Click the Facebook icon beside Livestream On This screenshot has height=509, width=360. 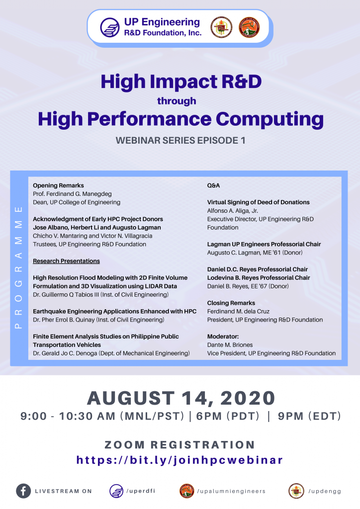coord(23,491)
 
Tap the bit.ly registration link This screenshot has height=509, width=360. coord(180,460)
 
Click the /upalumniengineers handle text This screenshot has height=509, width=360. coord(231,491)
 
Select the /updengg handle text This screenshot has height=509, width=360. coord(325,491)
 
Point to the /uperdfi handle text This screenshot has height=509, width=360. coord(141,491)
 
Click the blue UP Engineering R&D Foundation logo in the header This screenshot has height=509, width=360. coord(110,27)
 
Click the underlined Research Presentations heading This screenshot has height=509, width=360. coord(66,261)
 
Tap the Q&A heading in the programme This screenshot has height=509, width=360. coord(214,185)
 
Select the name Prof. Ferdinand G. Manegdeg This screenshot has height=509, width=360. coord(72,194)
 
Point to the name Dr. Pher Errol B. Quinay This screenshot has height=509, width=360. coord(64,320)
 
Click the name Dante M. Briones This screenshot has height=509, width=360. coord(230,345)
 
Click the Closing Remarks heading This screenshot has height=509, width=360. coord(231,303)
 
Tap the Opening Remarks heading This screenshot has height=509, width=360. coord(59,185)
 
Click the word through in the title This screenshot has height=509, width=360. coord(177,101)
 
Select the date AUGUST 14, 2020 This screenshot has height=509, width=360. coord(181,398)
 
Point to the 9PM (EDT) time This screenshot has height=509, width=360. coord(309,416)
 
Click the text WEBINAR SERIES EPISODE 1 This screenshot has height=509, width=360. coord(180,140)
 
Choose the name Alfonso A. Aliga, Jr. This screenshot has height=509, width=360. coord(233,211)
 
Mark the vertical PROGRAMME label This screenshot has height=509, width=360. coord(19,267)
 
